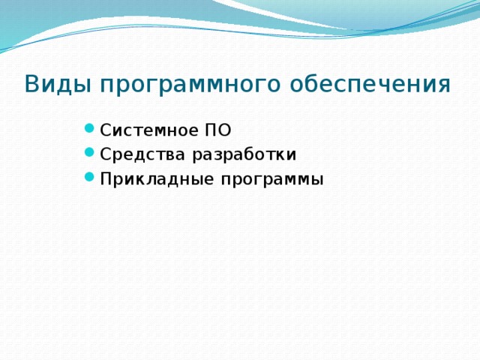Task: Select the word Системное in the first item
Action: pos(148,130)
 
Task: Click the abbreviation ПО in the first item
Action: pos(217,130)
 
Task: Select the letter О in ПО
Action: pos(224,130)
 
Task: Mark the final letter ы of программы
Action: pos(317,181)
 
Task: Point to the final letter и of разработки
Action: pos(292,155)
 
